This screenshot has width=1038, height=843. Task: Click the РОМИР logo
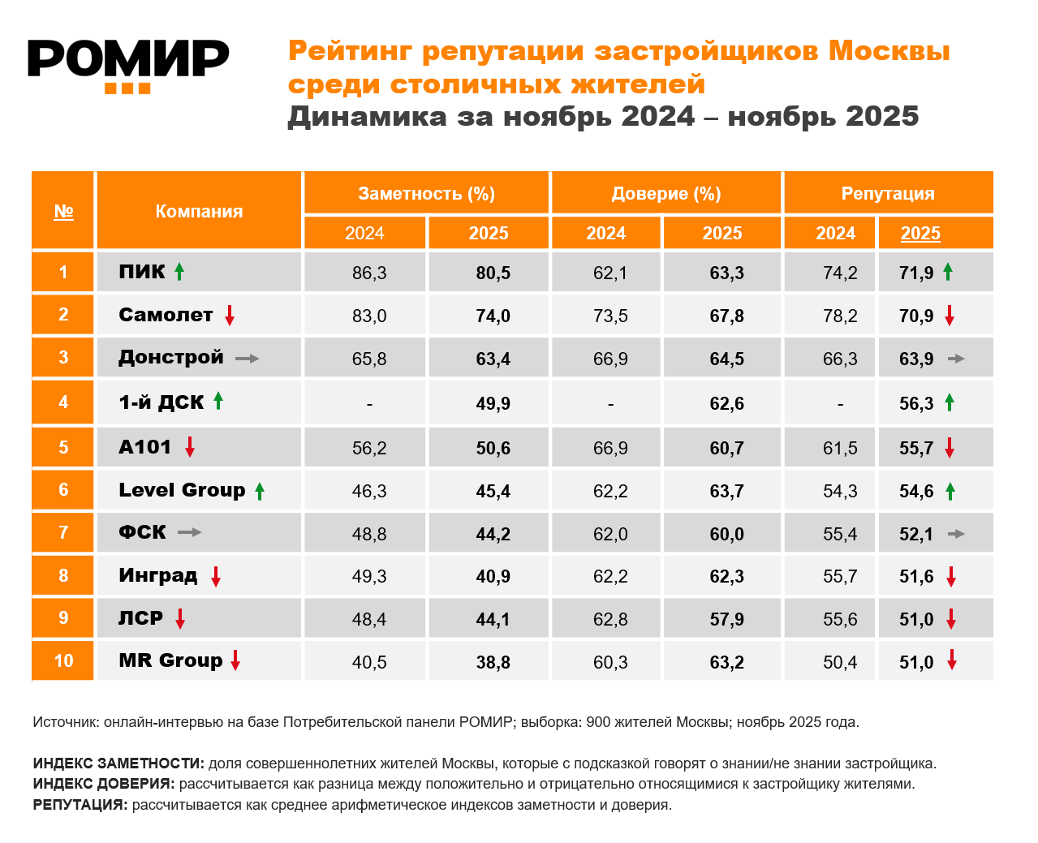128,65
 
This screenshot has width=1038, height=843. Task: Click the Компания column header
199,212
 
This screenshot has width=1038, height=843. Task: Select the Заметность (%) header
426,194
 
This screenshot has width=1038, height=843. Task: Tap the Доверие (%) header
665,194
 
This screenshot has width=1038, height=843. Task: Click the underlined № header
63,212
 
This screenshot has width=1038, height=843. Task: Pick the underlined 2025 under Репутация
920,234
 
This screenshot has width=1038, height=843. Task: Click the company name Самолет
166,315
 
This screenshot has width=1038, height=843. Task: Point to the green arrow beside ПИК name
179,272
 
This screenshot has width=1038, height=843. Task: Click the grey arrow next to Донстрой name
247,359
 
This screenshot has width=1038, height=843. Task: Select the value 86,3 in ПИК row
369,273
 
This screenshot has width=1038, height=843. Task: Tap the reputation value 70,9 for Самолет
916,316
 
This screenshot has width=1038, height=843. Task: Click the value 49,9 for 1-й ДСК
493,404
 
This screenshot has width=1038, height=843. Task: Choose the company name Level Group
182,490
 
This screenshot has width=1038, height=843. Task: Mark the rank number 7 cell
63,533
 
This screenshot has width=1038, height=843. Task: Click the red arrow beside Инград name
216,577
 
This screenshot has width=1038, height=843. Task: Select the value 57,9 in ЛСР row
726,620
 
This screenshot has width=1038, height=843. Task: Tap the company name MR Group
170,660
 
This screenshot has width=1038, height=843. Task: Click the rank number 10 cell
63,661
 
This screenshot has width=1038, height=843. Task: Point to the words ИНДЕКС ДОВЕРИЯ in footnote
103,785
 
